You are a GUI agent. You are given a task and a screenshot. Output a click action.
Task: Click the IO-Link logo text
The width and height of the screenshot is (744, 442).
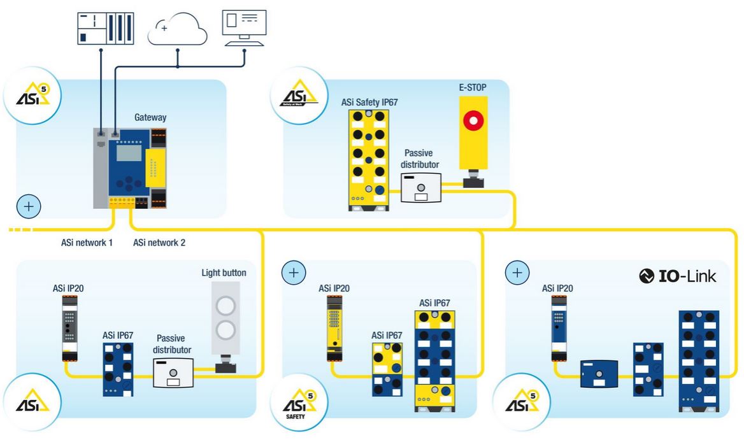(678, 276)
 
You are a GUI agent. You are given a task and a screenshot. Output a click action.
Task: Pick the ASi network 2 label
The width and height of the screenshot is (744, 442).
(159, 243)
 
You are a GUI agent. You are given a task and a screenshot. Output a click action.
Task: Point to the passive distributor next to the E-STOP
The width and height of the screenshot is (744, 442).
(420, 187)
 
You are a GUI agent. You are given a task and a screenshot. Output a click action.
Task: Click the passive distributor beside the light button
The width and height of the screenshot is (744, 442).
(173, 373)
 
